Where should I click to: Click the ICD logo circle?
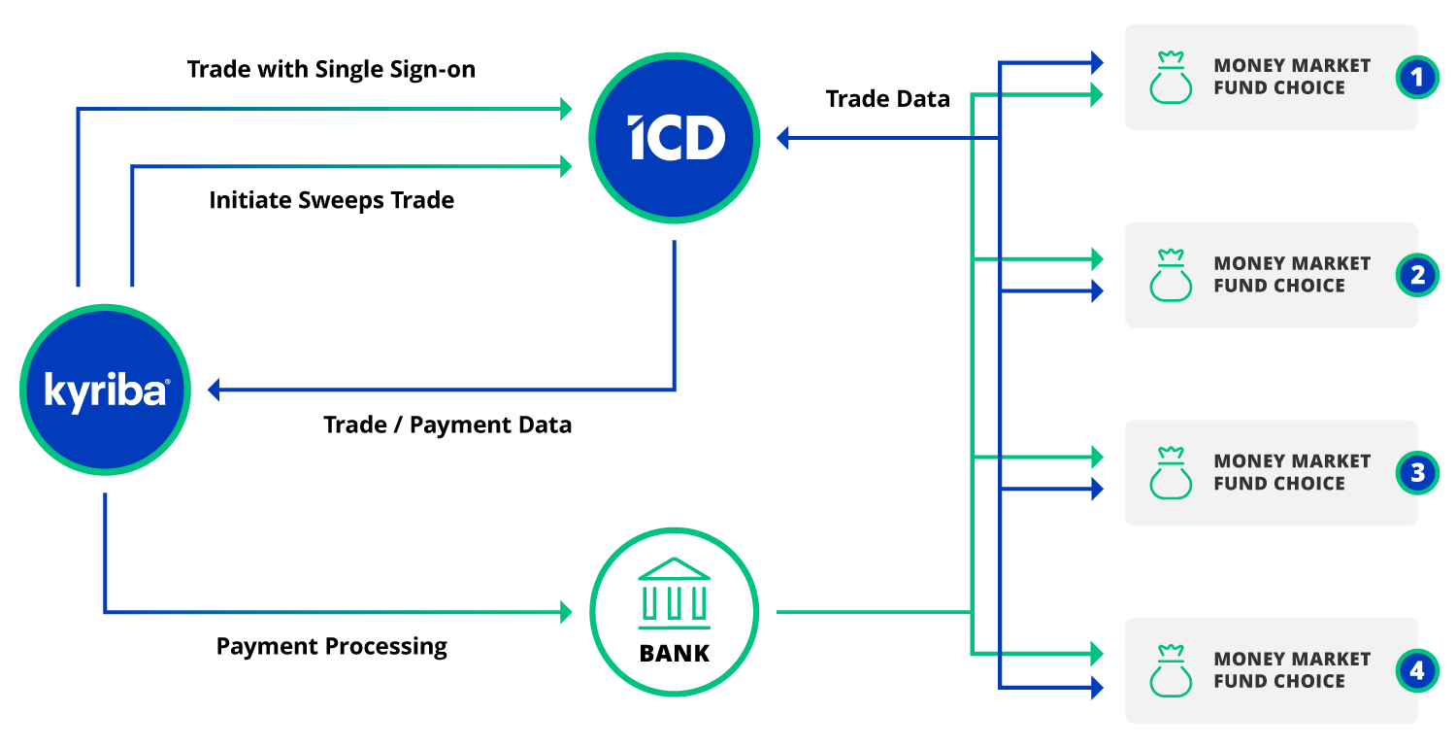point(674,139)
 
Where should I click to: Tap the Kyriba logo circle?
point(106,390)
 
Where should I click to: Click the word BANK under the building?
point(675,653)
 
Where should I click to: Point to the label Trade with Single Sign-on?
point(331,70)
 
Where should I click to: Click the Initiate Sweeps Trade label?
point(332,201)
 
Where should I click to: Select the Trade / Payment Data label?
point(447,425)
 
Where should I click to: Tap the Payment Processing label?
point(332,646)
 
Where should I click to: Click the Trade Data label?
point(887,98)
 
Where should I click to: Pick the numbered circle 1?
point(1417,77)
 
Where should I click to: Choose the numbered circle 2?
point(1417,275)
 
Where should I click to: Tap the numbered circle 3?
point(1417,473)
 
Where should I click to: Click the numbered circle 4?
point(1417,670)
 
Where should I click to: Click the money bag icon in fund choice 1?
point(1171,78)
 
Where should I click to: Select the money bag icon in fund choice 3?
point(1171,473)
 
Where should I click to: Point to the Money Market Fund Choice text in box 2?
point(1292,275)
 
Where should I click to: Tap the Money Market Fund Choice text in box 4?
point(1292,670)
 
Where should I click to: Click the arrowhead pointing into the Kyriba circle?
point(214,391)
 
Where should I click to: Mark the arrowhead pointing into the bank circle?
point(566,612)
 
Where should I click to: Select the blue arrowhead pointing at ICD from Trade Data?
point(783,139)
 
